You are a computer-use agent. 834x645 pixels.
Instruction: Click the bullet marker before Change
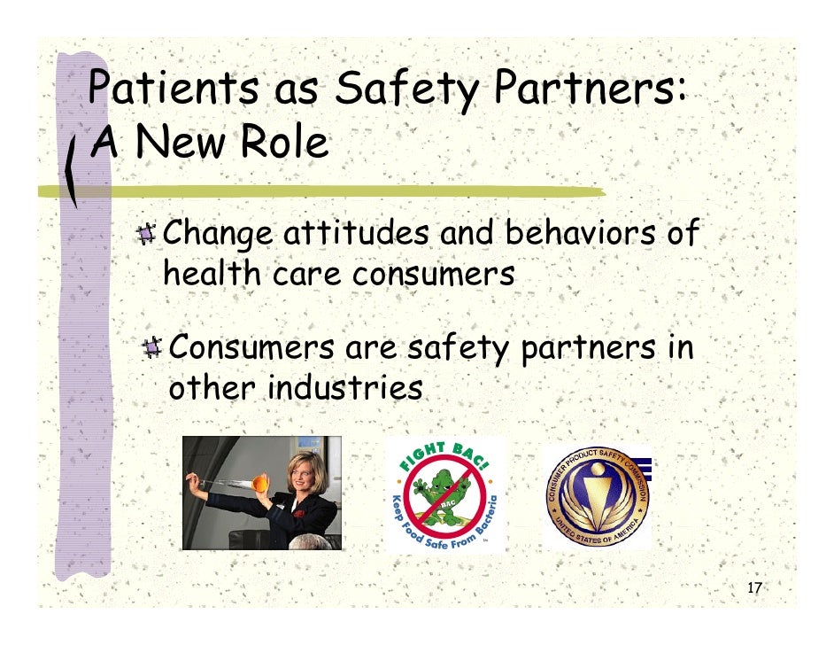pyautogui.click(x=146, y=235)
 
